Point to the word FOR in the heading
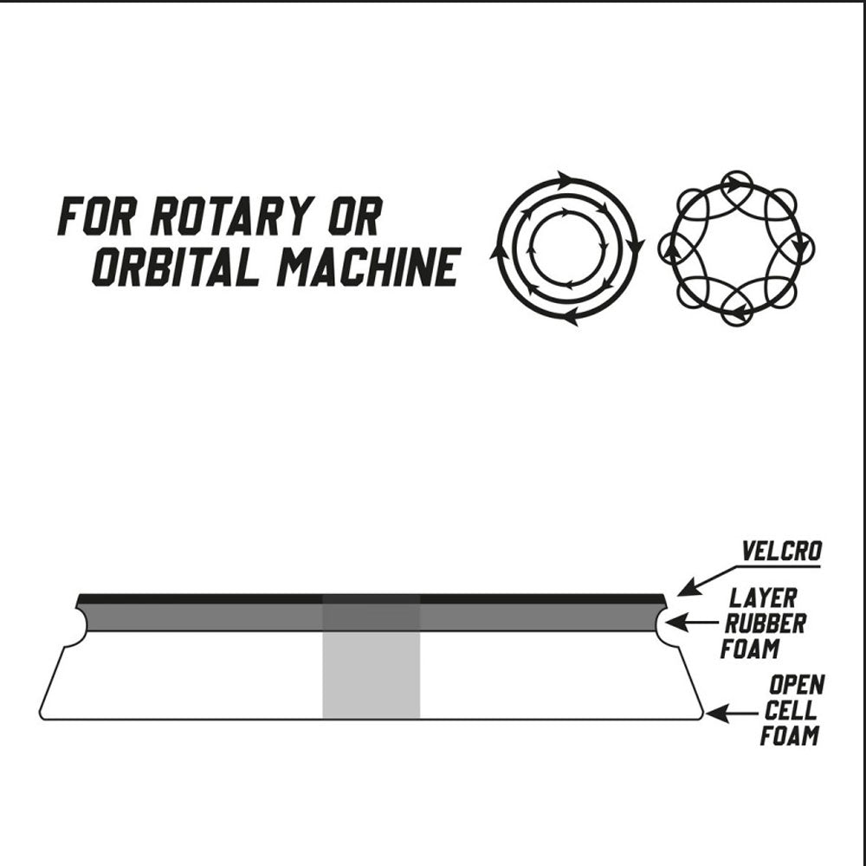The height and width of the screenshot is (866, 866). pos(95,216)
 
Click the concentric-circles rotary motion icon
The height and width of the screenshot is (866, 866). pos(567,249)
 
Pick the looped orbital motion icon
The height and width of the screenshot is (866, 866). pos(736,248)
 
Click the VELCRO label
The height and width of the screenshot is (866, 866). pos(781,551)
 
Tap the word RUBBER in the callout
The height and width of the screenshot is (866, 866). pos(765,624)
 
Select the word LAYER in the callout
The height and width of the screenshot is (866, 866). pos(763,598)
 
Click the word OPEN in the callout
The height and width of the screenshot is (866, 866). pos(797,685)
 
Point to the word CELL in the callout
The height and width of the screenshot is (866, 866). pos(790,710)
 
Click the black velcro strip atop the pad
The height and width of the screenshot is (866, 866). pos(372,599)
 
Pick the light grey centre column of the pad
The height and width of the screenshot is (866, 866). pos(372,675)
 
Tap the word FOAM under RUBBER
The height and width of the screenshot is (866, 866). pos(749,649)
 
